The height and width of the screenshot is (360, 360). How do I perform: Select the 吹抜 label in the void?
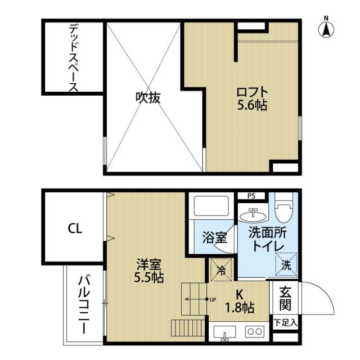point(148,97)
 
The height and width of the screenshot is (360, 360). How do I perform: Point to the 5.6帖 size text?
point(251,105)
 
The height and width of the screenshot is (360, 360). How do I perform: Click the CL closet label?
point(75,228)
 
